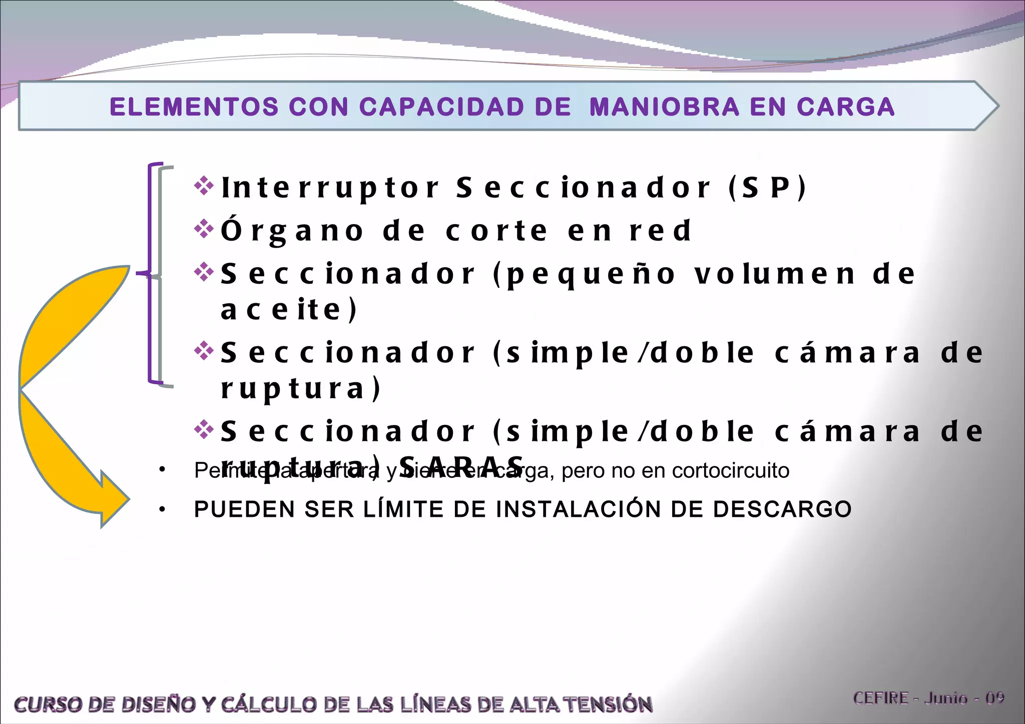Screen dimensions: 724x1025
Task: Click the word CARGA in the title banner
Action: pos(846,107)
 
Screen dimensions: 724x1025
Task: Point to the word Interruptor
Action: pos(331,188)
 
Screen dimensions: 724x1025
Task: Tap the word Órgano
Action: pos(293,231)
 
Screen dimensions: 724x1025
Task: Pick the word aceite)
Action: pos(289,310)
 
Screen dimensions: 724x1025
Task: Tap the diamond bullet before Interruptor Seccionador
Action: pos(204,186)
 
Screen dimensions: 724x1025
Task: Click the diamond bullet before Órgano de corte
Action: pos(204,229)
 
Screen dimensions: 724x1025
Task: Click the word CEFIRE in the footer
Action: pos(881,698)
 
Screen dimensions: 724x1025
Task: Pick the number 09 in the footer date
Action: pos(995,698)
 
